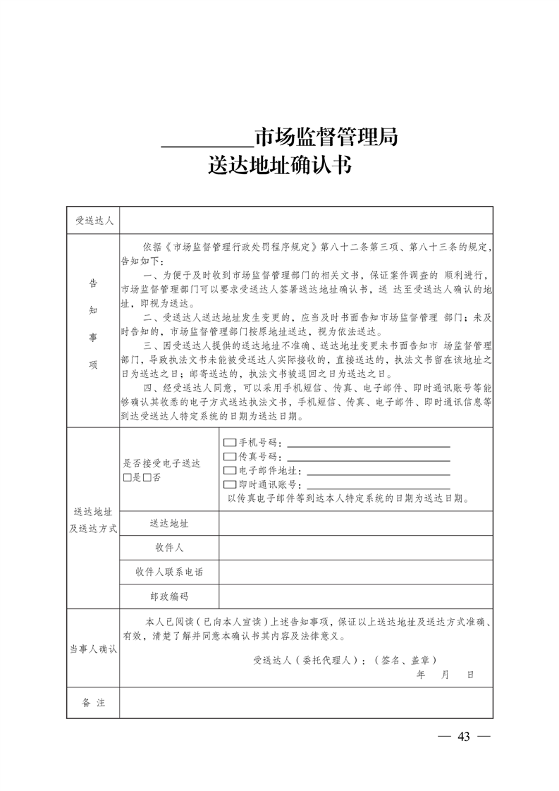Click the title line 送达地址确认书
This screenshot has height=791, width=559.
coord(279,166)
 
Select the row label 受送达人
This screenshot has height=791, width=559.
coord(94,221)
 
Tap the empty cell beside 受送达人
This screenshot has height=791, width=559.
coord(306,221)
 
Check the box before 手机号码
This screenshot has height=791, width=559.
coord(229,443)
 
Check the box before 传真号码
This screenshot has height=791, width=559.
coord(229,457)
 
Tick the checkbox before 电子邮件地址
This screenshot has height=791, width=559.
coord(229,471)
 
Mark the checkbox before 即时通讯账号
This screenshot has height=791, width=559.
coord(229,484)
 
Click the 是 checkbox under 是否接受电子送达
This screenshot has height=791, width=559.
coord(127,477)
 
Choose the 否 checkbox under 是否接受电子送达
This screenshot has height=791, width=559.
coord(146,477)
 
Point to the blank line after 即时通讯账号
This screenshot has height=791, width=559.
coord(377,486)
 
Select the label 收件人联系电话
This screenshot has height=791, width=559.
coord(169,572)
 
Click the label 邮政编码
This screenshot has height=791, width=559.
coord(169,596)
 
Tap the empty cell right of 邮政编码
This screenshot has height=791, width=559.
coord(355,596)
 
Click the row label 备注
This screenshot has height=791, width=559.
coord(94,703)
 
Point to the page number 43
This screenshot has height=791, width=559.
coord(463,737)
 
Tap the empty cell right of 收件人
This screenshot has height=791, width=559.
coord(355,548)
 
